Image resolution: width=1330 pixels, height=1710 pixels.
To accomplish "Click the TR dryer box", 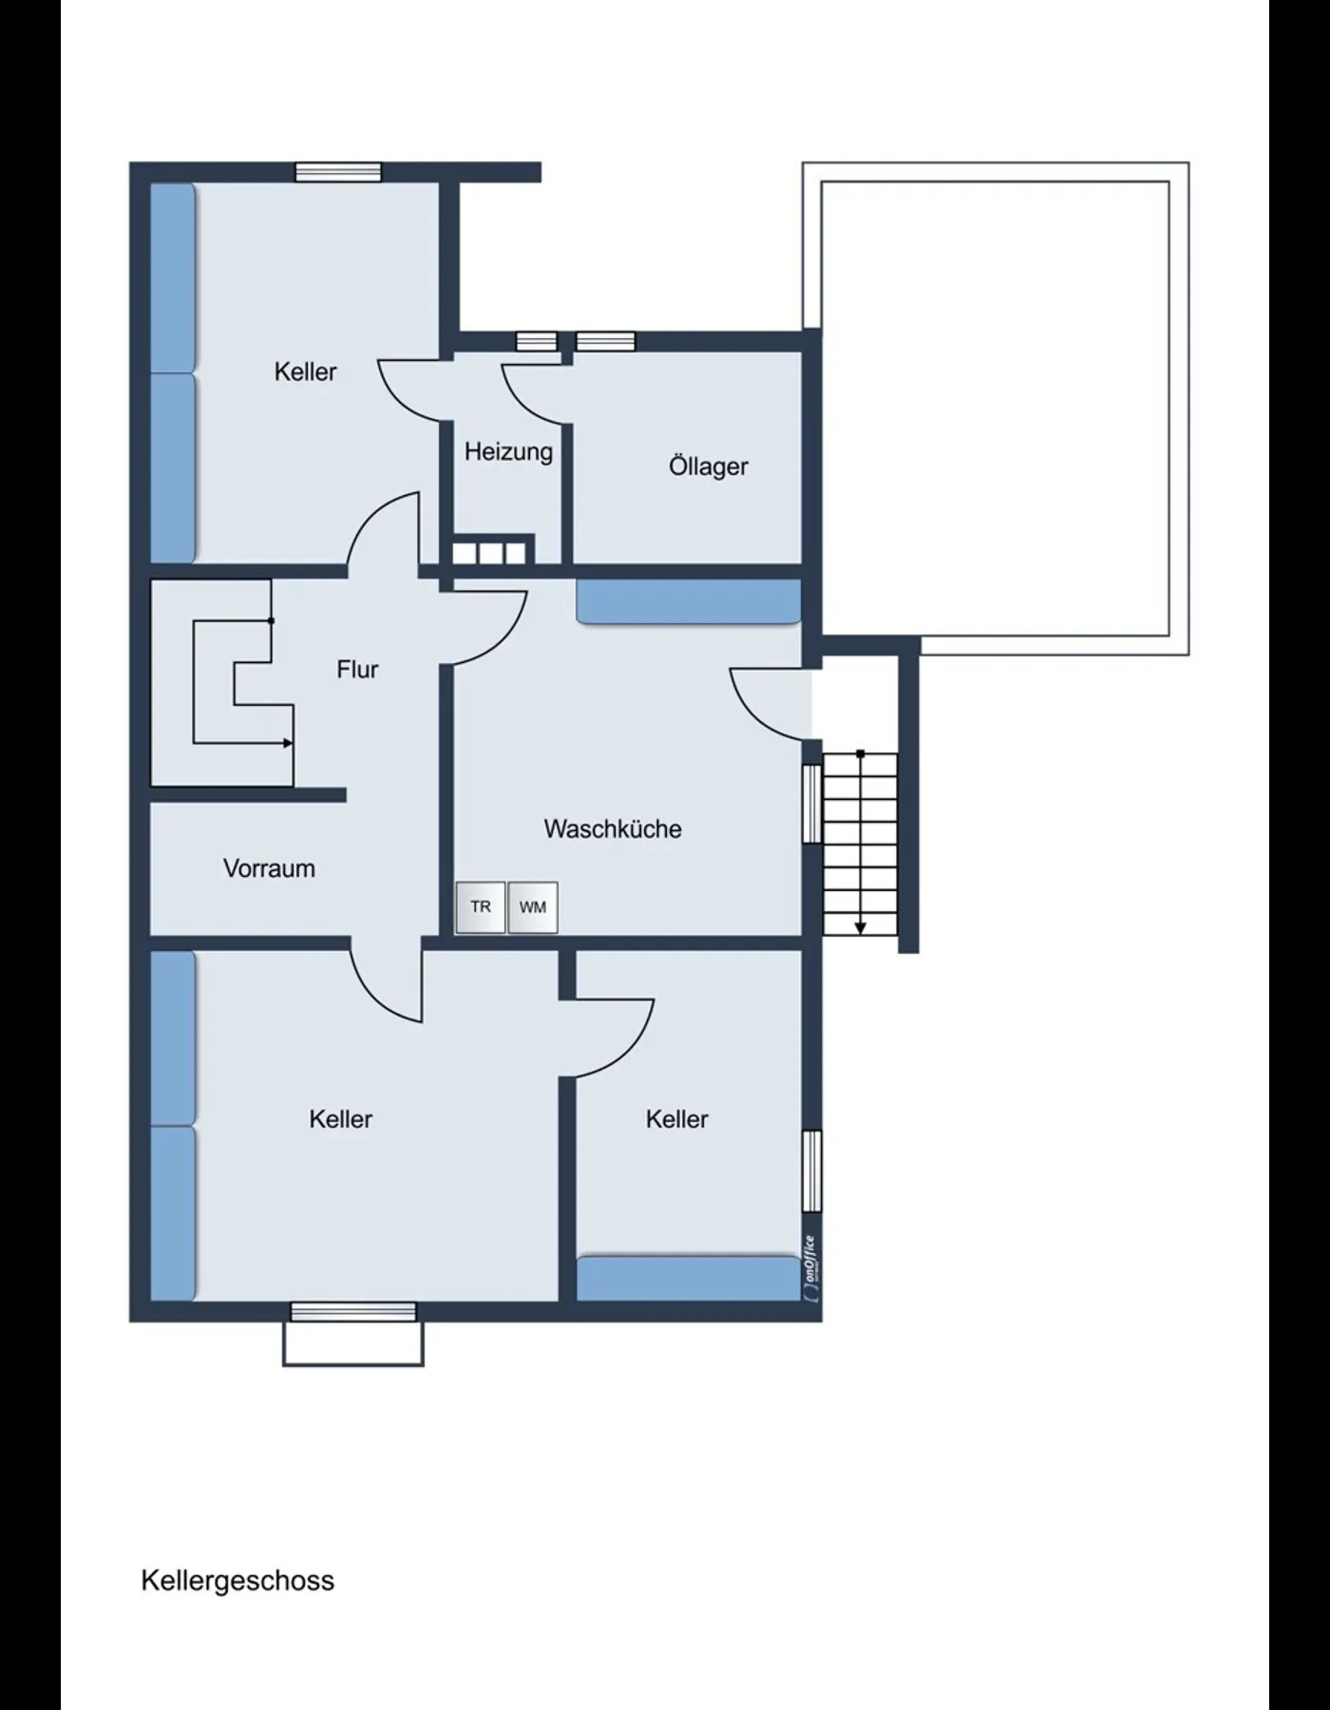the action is pos(481,907).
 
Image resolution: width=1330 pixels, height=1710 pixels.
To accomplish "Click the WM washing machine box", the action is pos(533,907).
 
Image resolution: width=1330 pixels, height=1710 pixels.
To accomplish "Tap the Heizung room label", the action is pos(508,452).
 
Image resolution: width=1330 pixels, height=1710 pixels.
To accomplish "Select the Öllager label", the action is pos(708,466).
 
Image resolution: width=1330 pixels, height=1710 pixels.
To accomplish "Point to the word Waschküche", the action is pos(613,828).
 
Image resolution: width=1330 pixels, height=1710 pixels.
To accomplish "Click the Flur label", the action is pos(357,670).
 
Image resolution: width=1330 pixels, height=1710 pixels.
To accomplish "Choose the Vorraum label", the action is pos(269,868).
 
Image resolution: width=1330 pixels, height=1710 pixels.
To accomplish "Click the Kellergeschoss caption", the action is pos(237,1581).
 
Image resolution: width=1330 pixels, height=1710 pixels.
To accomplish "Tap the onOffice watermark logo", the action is pos(809,1267).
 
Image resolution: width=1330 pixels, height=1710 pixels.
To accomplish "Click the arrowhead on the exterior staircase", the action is pos(861,928).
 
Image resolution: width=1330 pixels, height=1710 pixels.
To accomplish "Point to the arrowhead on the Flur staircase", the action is pos(288,744).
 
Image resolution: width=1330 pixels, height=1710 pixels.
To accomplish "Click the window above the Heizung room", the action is pos(538,342).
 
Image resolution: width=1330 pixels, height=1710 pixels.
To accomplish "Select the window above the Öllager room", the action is pos(605,342).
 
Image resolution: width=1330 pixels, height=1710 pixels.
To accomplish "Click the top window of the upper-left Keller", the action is pos(338,172).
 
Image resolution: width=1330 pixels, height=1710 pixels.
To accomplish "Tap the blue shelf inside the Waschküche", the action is pos(689,602).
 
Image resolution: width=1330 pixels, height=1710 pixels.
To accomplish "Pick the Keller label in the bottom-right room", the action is pos(676,1119).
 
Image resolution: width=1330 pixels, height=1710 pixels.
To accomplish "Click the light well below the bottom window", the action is pos(353,1343).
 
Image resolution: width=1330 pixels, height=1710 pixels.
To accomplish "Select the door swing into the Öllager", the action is pos(534,394).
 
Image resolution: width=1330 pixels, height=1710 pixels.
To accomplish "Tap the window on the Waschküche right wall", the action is pos(812,804).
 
